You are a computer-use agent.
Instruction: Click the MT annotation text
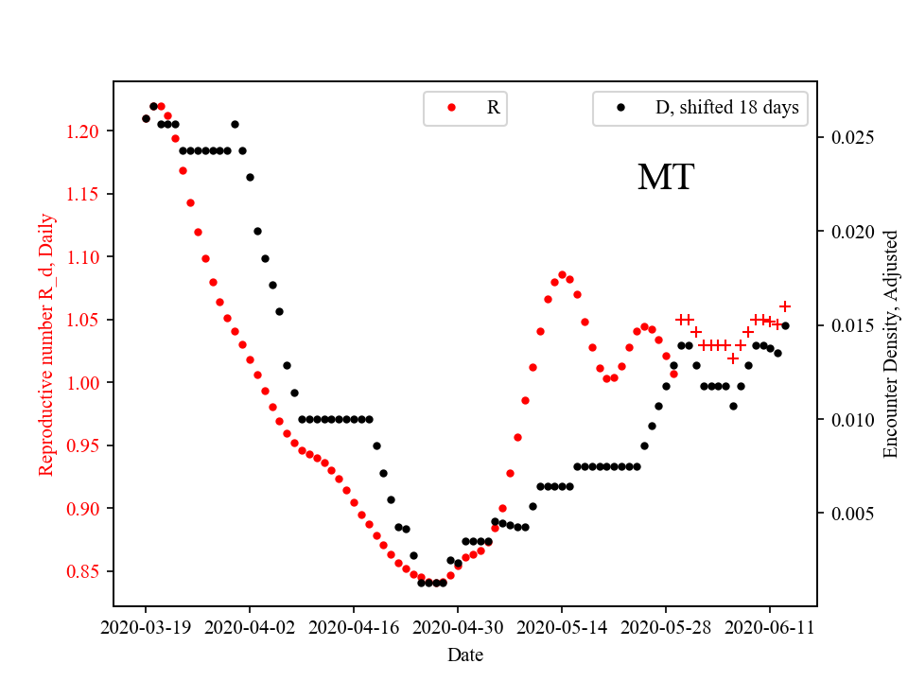point(666,178)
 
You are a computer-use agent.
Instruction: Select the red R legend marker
point(451,108)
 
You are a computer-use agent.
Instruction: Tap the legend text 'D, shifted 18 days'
point(726,108)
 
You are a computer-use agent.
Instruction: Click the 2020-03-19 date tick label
point(146,627)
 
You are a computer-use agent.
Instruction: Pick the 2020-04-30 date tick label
point(458,627)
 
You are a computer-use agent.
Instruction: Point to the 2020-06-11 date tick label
point(769,627)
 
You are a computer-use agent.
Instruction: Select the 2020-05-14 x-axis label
point(562,627)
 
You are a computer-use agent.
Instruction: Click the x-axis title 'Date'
point(465,655)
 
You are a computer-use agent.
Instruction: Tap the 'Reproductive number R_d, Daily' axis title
point(46,344)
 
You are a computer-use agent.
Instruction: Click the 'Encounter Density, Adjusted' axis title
point(890,344)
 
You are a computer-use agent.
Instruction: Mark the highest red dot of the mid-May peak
point(562,274)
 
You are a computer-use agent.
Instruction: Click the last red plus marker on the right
point(785,306)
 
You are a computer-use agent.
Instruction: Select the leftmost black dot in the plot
point(146,118)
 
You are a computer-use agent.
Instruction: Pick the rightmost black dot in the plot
point(785,325)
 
